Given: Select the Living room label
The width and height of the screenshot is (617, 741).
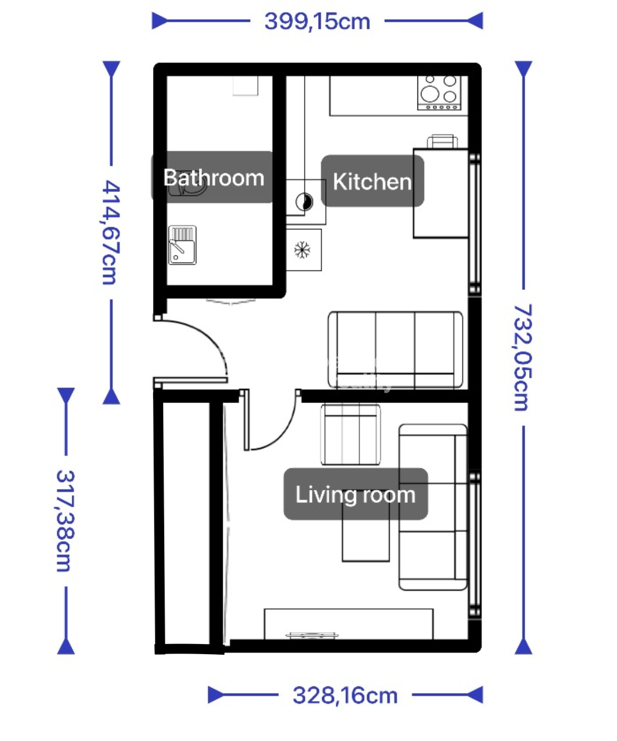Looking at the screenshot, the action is (355, 494).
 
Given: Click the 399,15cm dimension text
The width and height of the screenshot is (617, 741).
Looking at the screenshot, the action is (317, 21).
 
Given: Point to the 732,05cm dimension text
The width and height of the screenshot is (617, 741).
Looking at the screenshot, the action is (523, 358).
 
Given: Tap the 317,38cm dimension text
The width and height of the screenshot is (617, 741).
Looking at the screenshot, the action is (66, 521).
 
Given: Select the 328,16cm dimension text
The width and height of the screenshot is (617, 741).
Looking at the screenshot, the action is (345, 695).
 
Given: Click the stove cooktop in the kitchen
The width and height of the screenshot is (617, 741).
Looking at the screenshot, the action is (439, 92).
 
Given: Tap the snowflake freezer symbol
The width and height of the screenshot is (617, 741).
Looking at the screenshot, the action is (302, 250).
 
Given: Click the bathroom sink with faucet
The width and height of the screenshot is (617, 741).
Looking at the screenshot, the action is (182, 245).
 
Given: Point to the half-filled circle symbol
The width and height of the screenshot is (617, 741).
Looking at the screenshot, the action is (304, 202).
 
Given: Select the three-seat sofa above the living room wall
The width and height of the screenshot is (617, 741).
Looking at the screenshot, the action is (395, 350).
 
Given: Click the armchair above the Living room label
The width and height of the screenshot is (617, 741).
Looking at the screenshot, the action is (350, 434).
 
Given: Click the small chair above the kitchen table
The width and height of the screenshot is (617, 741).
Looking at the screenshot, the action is (442, 141).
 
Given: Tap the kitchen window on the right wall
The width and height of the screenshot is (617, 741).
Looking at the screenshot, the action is (475, 224).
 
